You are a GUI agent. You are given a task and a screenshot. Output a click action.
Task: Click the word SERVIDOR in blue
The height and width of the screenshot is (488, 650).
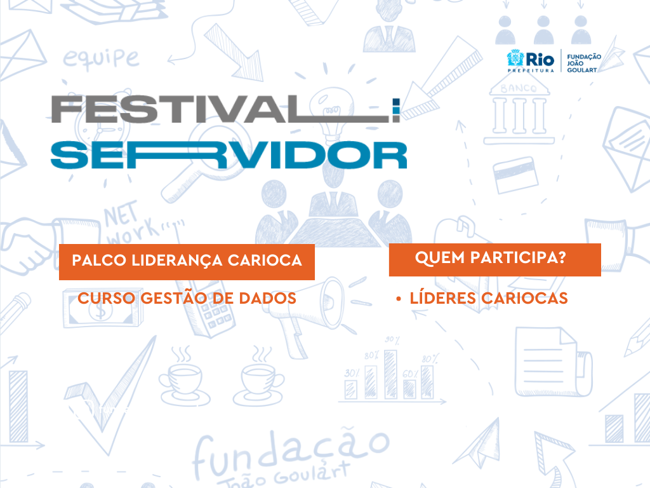tap(229, 155)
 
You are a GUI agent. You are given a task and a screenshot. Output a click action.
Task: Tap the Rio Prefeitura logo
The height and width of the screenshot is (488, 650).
tap(530, 61)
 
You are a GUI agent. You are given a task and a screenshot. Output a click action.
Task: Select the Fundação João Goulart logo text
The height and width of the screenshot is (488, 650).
tap(584, 63)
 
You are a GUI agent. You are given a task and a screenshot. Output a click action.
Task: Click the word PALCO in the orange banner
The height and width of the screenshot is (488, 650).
tap(98, 260)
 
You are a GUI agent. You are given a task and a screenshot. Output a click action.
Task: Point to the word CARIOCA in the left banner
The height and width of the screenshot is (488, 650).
tap(265, 260)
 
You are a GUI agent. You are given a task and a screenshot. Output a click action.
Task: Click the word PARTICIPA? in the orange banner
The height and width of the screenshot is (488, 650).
tap(518, 257)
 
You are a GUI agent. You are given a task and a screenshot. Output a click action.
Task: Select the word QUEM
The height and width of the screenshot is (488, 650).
tap(439, 258)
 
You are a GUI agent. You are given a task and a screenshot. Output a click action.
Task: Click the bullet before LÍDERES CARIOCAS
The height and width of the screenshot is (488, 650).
tap(399, 299)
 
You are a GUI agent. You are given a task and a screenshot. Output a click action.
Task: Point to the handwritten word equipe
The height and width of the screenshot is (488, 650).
tap(101, 58)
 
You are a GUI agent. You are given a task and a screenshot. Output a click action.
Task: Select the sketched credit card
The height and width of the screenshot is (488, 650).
tap(515, 175)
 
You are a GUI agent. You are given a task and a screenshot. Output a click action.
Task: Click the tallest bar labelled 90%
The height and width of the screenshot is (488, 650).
tap(390, 374)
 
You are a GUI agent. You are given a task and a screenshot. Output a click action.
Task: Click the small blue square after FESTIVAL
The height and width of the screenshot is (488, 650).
tap(396, 102)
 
